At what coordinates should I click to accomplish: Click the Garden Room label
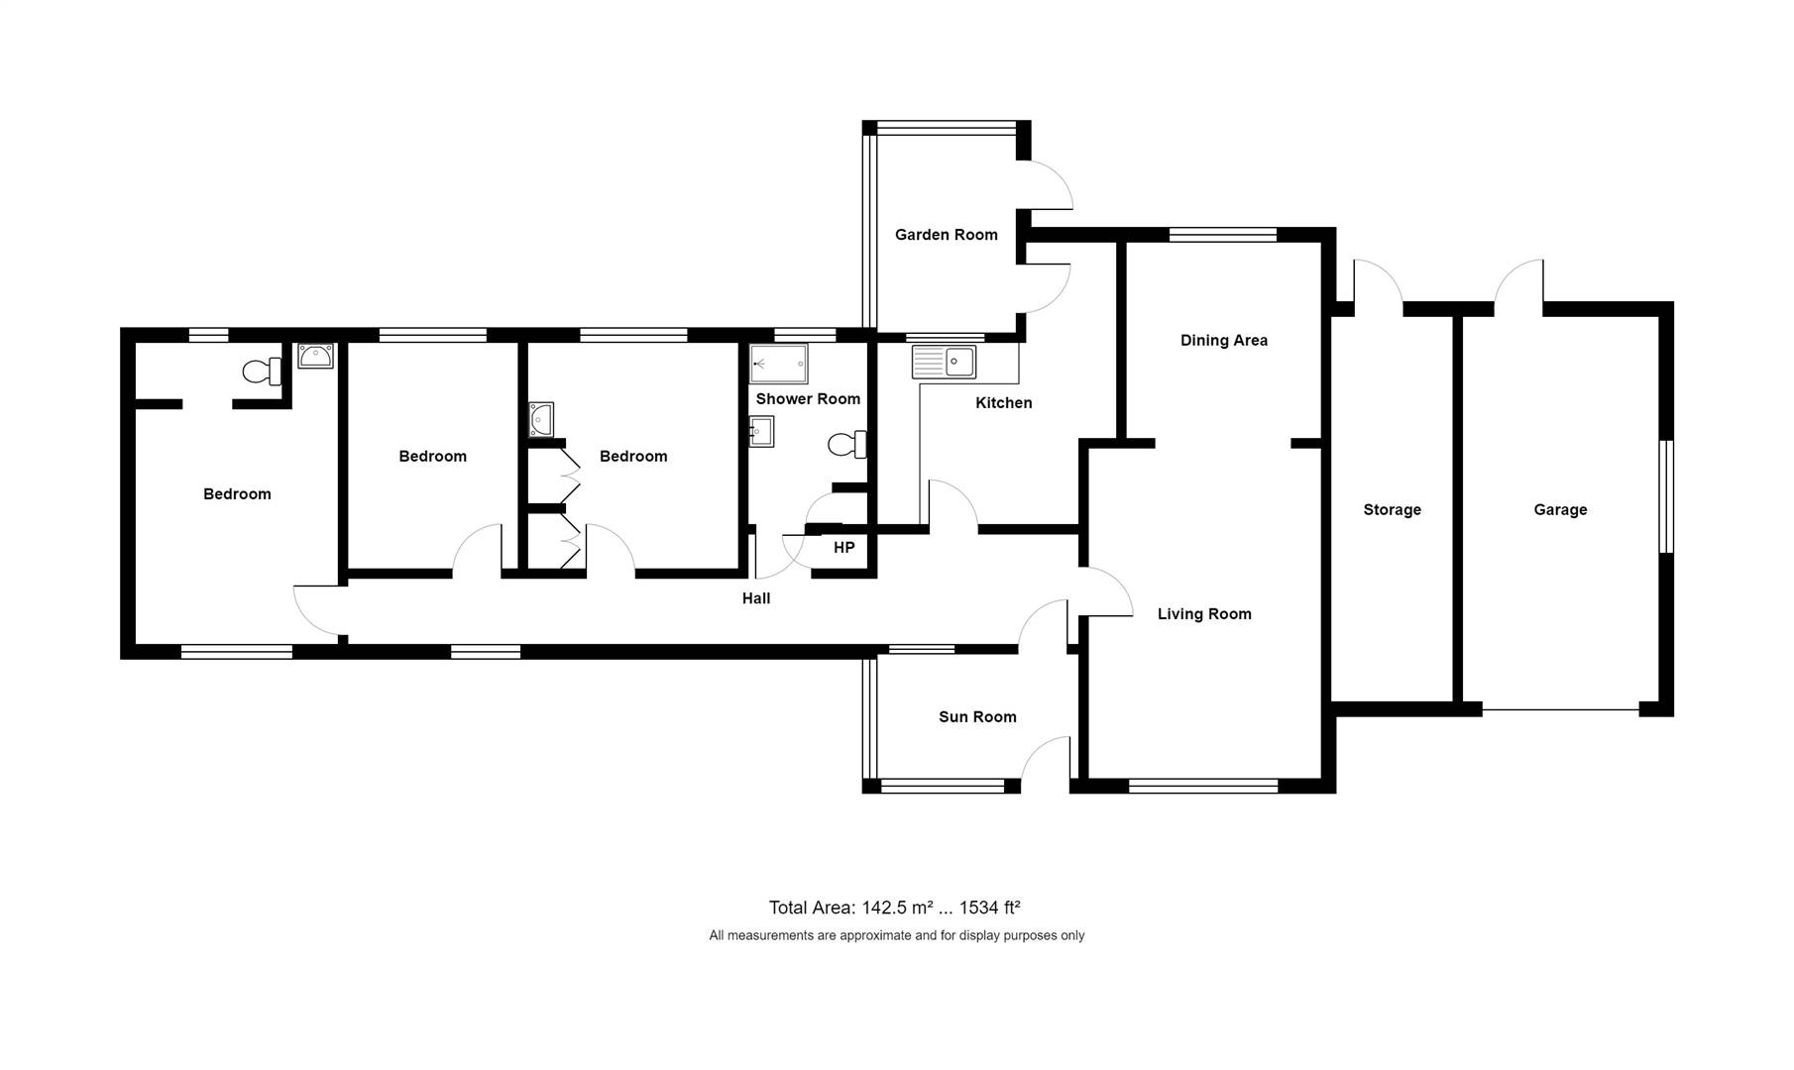click(x=946, y=235)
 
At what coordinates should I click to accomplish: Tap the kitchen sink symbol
click(x=944, y=362)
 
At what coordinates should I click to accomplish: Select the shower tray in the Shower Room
click(x=778, y=364)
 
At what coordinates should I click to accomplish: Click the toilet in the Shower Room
click(x=847, y=445)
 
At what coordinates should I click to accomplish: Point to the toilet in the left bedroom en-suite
click(x=263, y=372)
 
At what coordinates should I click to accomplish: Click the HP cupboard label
click(x=843, y=548)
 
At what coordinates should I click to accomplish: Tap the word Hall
click(x=756, y=598)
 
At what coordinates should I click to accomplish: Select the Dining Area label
click(x=1224, y=340)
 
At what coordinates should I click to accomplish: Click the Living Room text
click(x=1204, y=614)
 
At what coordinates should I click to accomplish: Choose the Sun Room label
click(x=977, y=717)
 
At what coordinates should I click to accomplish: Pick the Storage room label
click(x=1392, y=510)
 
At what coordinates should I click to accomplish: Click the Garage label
click(x=1560, y=510)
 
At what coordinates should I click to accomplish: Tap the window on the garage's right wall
click(x=1667, y=496)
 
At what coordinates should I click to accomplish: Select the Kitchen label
click(x=1003, y=403)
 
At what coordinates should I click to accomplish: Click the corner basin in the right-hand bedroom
click(x=541, y=419)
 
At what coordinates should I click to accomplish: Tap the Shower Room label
click(x=808, y=399)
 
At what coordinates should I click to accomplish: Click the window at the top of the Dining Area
click(x=1223, y=235)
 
